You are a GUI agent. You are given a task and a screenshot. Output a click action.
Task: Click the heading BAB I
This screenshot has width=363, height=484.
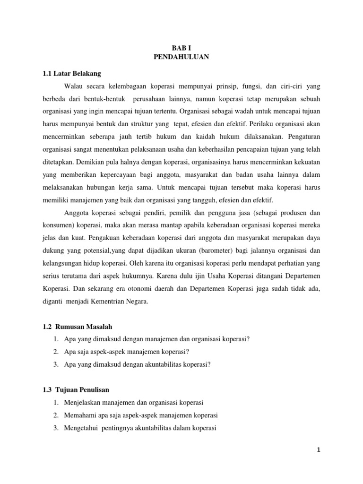click(181, 48)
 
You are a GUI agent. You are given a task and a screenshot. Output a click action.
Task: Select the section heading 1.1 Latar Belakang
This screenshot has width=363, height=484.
click(71, 74)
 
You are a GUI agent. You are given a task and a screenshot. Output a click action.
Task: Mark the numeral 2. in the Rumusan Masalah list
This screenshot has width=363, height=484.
click(56, 352)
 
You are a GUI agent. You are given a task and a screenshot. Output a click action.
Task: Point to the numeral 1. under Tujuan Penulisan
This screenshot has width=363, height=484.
click(56, 403)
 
